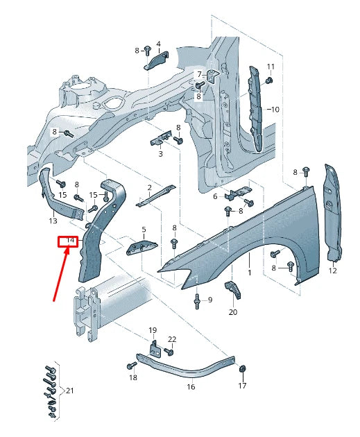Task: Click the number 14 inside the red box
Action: (x=67, y=241)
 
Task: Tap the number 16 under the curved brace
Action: (x=191, y=386)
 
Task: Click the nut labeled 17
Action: (x=243, y=368)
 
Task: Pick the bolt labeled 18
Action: (x=130, y=365)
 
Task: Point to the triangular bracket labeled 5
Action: (x=143, y=248)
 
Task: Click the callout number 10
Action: (x=275, y=110)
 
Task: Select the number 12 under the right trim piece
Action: (x=332, y=271)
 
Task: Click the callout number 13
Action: (x=53, y=221)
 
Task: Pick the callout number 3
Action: (x=160, y=154)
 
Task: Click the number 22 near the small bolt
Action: (x=172, y=339)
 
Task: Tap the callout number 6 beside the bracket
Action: (x=216, y=196)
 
